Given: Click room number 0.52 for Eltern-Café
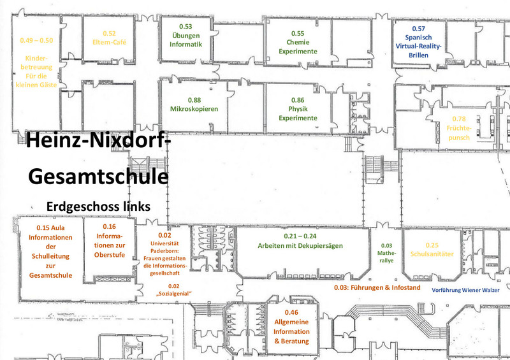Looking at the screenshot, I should tap(109, 33).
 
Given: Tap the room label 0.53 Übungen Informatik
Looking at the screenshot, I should tap(186, 36).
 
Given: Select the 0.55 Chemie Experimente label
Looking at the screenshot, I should tap(297, 42).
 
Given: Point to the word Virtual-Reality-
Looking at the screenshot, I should tap(418, 47).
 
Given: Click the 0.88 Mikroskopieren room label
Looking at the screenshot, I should tap(194, 104).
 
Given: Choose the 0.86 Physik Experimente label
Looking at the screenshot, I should tap(298, 109).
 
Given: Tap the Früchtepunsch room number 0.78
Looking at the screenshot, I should tap(459, 119).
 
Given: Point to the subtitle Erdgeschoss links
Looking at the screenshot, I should tap(98, 206).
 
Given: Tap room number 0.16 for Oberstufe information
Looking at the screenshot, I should tap(109, 226).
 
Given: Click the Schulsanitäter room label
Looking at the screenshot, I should tap(432, 254).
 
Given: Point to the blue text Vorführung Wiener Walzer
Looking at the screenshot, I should tap(466, 290).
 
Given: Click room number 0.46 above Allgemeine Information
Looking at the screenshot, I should tap(291, 312).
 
